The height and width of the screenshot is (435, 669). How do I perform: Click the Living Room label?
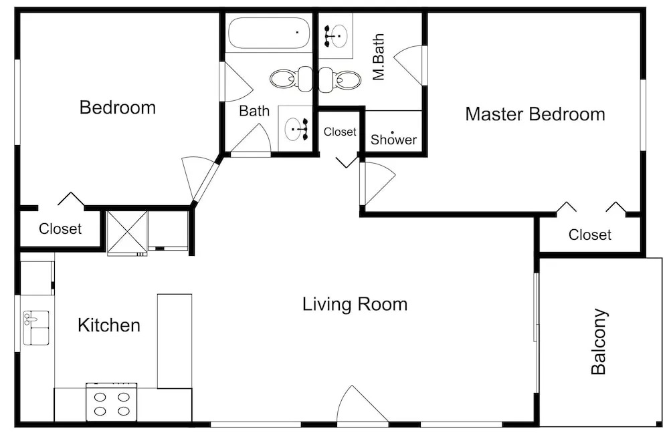[355, 304]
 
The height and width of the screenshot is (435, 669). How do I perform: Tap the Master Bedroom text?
[535, 114]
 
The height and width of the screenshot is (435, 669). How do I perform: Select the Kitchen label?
[109, 325]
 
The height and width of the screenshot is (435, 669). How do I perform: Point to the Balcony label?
[599, 341]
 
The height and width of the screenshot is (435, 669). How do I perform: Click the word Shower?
[393, 139]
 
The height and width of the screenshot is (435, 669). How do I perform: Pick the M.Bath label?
[379, 57]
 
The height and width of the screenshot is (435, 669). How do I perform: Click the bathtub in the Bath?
[269, 33]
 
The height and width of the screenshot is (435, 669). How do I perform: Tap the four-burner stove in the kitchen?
[111, 402]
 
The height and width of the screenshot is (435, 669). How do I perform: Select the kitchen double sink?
[36, 327]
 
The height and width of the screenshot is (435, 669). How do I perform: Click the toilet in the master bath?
[340, 79]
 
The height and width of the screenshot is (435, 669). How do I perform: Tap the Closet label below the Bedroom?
[60, 229]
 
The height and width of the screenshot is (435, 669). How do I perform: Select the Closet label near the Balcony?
[590, 235]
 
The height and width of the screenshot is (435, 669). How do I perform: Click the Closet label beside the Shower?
[340, 132]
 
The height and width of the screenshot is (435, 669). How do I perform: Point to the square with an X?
[127, 231]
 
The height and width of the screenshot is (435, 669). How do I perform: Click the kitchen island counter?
[175, 341]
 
